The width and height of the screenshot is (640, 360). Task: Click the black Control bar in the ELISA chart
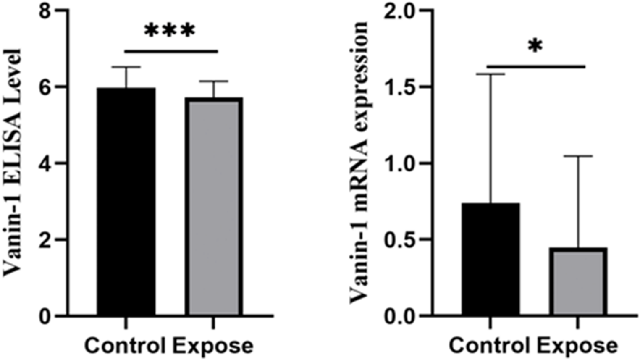pos(126,202)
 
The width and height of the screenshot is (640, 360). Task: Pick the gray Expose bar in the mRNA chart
pos(578,281)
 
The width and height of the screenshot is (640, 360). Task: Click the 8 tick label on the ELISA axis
pos(45,11)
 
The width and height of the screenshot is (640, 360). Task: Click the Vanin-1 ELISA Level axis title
pos(13,163)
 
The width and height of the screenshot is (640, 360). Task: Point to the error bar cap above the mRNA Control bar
pos(490,74)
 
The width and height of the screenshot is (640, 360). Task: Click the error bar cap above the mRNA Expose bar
pos(578,156)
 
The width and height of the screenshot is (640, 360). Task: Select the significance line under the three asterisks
pos(171,52)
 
